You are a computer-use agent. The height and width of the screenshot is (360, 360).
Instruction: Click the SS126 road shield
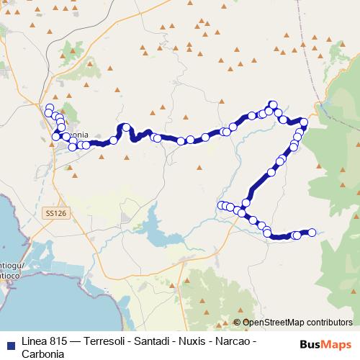click(x=55, y=214)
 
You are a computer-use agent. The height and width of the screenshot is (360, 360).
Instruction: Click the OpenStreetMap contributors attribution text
click(x=297, y=323)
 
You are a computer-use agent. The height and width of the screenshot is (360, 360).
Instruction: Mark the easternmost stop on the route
click(x=312, y=232)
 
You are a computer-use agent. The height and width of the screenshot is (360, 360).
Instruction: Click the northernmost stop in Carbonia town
click(x=50, y=108)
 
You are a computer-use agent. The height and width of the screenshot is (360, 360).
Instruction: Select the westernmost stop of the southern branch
click(x=221, y=205)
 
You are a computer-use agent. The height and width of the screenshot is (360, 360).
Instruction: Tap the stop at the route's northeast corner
click(x=304, y=122)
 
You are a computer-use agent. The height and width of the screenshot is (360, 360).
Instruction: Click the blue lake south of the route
click(x=154, y=232)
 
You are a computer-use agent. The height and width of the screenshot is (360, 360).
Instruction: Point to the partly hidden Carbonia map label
click(x=78, y=135)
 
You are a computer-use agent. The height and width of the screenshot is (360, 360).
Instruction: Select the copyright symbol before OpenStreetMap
click(x=237, y=323)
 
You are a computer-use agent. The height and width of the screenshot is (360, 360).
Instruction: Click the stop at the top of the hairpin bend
click(x=126, y=127)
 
